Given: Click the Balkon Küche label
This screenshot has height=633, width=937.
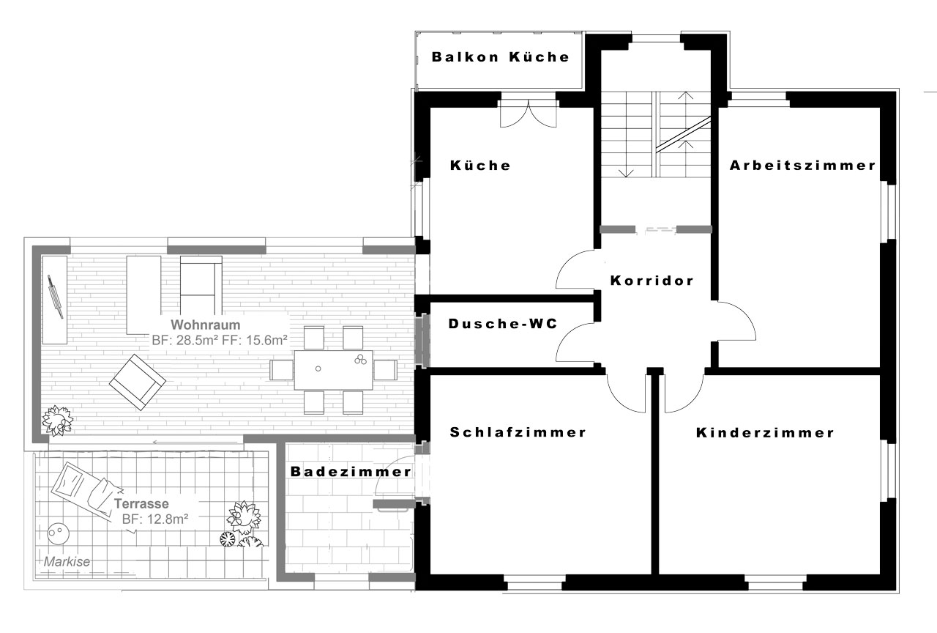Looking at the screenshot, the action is pos(500,57).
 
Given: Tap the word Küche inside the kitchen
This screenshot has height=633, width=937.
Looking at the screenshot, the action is pos(480,166).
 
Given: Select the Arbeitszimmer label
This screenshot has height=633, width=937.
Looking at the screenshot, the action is pos(802,166).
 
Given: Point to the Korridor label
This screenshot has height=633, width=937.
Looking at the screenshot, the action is pos(652,281).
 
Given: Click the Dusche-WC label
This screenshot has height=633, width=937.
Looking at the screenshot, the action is pos(503,324).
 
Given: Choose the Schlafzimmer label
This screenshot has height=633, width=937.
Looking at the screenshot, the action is pos(518,432).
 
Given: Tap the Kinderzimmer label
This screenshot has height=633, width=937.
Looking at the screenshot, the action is pos(765,432).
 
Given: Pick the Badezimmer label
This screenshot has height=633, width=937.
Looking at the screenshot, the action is pos(351,471).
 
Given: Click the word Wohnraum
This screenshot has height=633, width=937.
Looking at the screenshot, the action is pos(206,325).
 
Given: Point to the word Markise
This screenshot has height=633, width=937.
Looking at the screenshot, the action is pos(67,562).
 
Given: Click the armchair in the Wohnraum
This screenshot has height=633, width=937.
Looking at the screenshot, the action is pos(138,382).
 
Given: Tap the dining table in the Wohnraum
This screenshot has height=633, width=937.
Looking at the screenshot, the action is pos(333,370).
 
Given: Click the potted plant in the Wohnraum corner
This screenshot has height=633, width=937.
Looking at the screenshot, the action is pos(58,421).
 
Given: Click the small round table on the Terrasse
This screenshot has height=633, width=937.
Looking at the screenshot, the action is pos(58,533).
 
